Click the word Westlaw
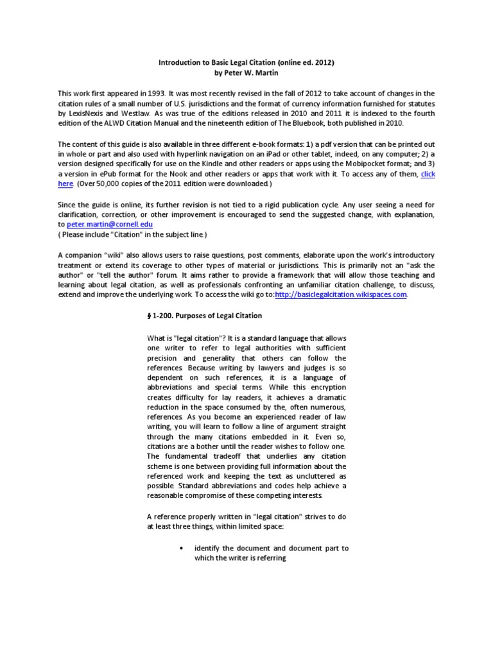point(131,113)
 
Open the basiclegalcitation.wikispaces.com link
point(342,294)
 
